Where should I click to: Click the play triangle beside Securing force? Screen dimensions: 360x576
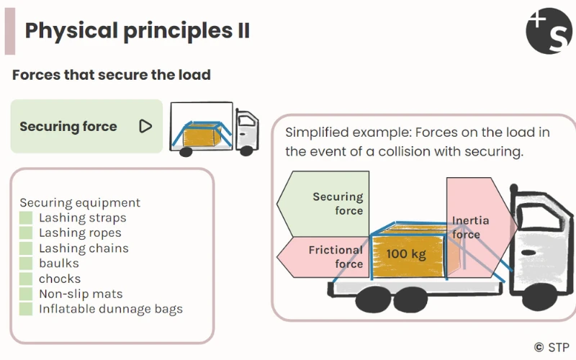[x=145, y=127]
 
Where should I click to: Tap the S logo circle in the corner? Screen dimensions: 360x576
[x=549, y=31]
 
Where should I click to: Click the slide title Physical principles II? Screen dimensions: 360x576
[x=137, y=30]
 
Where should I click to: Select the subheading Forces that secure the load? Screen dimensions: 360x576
[x=112, y=75]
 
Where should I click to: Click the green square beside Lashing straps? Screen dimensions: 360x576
[x=26, y=218]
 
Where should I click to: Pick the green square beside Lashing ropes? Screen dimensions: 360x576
[x=26, y=233]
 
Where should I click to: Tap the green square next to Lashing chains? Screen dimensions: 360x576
[x=26, y=248]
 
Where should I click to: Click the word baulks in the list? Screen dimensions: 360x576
[x=59, y=264]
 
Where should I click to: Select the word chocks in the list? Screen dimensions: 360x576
[x=60, y=279]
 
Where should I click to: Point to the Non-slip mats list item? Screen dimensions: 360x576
[x=81, y=294]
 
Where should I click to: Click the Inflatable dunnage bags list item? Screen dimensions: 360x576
[x=111, y=309]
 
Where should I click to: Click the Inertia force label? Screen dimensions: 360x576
[x=469, y=227]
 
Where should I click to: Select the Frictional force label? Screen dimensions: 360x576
[x=336, y=256]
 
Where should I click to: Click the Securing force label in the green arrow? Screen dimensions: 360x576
[x=338, y=204]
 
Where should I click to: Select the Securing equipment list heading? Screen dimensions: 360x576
[x=80, y=203]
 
